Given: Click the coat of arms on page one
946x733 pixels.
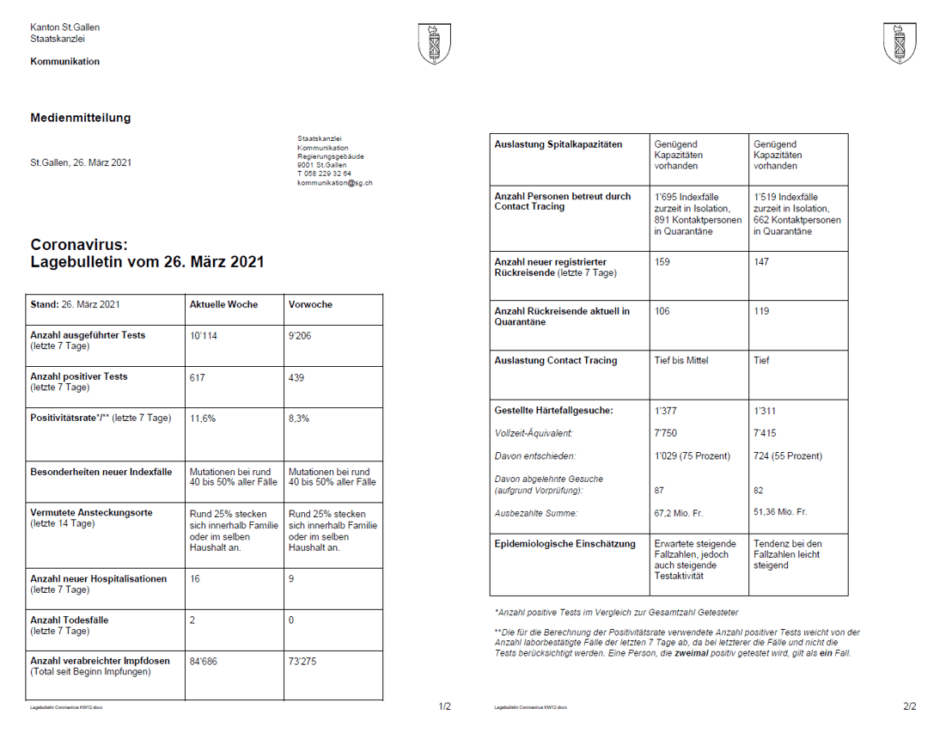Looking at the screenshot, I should tap(434, 43).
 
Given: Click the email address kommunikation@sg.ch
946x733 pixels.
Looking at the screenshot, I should tap(335, 182).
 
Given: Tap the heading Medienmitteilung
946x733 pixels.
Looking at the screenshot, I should tap(81, 118).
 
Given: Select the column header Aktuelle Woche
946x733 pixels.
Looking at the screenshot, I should tap(223, 305).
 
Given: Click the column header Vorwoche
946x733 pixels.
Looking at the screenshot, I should tap(310, 305).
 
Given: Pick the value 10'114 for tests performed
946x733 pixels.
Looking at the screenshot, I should tap(204, 335).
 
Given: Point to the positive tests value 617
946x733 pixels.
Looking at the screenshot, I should tap(198, 377).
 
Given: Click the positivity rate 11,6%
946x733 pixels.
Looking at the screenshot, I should tap(203, 418).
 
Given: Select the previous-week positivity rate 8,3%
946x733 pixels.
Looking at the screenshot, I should tap(299, 418).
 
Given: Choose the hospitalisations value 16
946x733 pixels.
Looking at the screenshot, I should tap(195, 579).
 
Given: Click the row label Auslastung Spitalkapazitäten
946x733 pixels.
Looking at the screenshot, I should tap(558, 144).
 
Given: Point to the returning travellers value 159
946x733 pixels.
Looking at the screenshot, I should tap(662, 262).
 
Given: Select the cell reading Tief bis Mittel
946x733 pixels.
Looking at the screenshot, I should tap(681, 361).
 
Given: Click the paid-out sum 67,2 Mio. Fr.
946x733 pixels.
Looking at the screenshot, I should tap(679, 513).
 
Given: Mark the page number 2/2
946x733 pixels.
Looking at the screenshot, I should tap(910, 707).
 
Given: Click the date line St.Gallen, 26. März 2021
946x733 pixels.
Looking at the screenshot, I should tap(81, 162).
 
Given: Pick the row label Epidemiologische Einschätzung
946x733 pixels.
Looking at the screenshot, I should tap(565, 544).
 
